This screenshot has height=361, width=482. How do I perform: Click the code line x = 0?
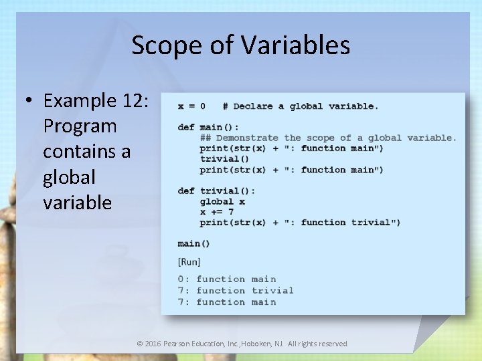click(191, 106)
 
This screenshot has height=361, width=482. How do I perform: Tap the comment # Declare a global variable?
click(301, 106)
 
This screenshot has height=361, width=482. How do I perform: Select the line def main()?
click(208, 127)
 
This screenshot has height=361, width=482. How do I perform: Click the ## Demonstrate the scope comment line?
click(328, 138)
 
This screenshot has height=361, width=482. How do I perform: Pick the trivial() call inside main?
click(224, 159)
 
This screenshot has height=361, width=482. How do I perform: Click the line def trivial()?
click(216, 191)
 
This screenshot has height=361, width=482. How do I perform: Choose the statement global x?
click(222, 201)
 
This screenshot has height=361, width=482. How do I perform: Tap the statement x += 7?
click(216, 212)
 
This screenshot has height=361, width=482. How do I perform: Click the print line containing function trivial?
click(300, 223)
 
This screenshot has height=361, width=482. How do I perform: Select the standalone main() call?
click(193, 243)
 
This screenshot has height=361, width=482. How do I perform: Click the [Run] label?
click(189, 261)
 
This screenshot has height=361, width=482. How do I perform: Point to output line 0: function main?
click(227, 279)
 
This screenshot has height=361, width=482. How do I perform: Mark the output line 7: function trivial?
click(236, 291)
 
